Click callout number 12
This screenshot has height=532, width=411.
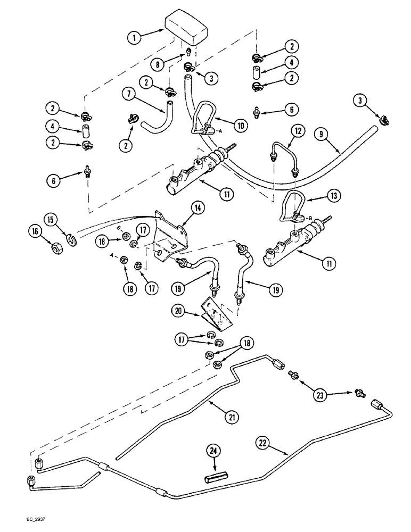pyautogui.click(x=297, y=131)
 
